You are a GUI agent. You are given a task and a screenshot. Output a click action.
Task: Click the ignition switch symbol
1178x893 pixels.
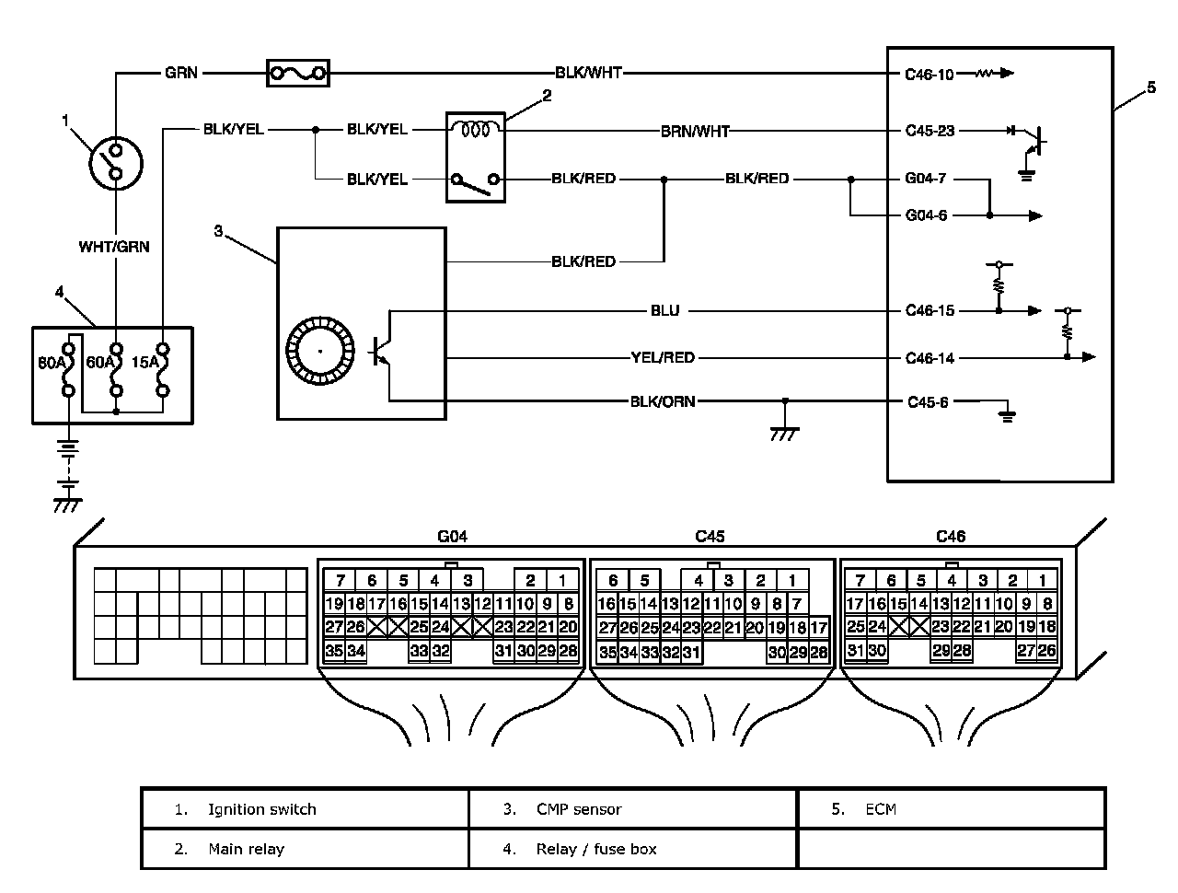coord(117,164)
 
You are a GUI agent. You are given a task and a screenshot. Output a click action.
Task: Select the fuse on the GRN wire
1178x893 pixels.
coord(297,73)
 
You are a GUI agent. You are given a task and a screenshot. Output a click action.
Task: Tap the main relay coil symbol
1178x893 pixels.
coord(476,130)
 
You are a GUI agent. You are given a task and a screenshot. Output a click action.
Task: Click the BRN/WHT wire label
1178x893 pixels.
coord(695,131)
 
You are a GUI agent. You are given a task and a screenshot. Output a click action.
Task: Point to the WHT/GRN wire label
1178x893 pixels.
coord(114,247)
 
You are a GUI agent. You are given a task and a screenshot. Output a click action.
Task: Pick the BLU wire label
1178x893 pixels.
coord(664,310)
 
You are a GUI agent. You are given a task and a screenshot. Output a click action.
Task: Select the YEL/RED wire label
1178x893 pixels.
coord(663,357)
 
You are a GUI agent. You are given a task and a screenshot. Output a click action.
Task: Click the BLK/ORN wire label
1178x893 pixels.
coord(663,401)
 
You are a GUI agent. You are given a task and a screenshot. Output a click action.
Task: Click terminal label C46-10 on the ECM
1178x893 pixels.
coord(930,74)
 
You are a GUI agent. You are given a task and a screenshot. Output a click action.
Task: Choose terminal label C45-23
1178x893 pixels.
coord(930,131)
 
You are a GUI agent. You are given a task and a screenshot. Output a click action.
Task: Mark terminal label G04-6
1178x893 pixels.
coord(926,215)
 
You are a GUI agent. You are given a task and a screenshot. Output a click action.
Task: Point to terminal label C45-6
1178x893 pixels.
coord(928,402)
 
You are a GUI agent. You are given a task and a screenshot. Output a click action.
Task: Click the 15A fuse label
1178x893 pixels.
coord(144,363)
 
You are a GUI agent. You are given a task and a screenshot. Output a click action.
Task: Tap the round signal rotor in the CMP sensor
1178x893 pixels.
coord(319,352)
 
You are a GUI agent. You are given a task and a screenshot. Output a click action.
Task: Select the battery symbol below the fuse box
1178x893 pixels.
coord(67,465)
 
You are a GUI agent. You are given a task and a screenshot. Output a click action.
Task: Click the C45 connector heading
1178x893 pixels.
coord(710,536)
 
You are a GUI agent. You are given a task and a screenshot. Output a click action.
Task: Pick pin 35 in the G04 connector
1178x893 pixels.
coord(334,652)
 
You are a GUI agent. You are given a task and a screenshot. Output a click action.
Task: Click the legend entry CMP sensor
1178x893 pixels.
coord(578,809)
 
